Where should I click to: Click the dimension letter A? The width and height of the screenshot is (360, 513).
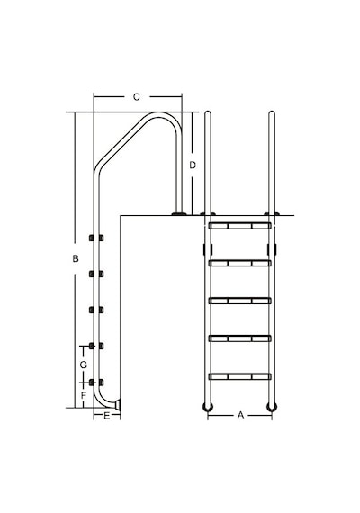(240, 415)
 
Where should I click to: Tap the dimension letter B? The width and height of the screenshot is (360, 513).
(76, 259)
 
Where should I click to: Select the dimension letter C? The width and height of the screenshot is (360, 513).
(137, 97)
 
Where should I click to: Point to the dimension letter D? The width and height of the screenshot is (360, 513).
(193, 166)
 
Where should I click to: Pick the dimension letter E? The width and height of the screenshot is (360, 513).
(107, 416)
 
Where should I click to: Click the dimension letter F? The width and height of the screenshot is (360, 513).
(84, 395)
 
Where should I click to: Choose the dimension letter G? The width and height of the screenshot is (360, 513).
(84, 364)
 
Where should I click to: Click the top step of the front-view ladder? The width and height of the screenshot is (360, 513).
(240, 226)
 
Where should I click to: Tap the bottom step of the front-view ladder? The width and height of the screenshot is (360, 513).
(240, 376)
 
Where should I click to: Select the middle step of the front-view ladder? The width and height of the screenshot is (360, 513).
(240, 301)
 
